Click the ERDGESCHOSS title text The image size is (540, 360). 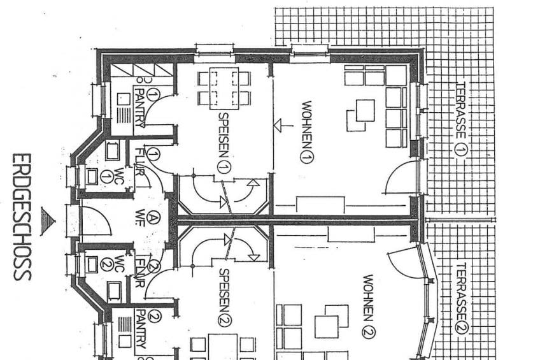coord(22,217)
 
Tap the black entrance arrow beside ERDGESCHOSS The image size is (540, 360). coord(48,221)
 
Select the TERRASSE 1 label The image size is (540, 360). coord(461,120)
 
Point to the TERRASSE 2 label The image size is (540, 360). coord(462,298)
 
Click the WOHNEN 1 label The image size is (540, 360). coord(306,132)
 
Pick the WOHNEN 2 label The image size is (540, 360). coord(369,306)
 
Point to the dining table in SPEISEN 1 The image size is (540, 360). coord(224,88)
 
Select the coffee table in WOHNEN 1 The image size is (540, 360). coord(365,110)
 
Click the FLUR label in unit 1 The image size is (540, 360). coord(139,162)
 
